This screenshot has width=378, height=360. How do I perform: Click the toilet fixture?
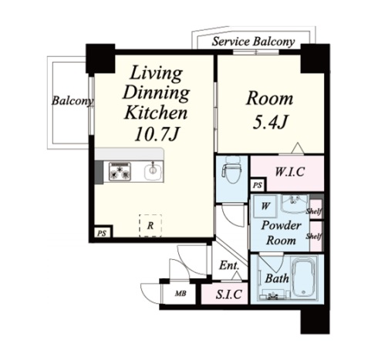pos(232,170)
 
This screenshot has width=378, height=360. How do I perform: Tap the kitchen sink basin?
pos(154,171)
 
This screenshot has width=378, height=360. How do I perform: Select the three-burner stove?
pos(120,171)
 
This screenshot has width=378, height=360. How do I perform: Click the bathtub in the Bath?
pos(304,278)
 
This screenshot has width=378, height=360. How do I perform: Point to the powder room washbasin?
pos(294,204)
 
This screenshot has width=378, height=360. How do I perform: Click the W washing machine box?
pos(265,206)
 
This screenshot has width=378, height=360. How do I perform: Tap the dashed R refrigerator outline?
pos(150,225)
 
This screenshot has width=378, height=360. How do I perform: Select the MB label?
pos(181,293)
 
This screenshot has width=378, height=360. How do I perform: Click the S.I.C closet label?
pos(228,294)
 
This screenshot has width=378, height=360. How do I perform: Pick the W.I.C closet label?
pos(289,172)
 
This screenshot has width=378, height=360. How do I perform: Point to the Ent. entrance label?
pos(229,265)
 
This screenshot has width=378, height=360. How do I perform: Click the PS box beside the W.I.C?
pos(258,185)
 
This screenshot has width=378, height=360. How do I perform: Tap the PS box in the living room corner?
pos(103,233)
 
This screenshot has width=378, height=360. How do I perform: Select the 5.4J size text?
pos(270,123)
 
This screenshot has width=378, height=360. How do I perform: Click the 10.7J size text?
pos(157,134)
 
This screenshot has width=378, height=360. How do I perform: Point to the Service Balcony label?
pos(253,42)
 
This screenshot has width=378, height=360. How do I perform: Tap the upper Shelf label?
pos(314,211)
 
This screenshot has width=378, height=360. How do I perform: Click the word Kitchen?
pos(156,113)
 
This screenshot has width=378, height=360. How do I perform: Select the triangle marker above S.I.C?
pos(237,276)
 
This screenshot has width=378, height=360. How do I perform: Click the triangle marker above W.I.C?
pos(298,148)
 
